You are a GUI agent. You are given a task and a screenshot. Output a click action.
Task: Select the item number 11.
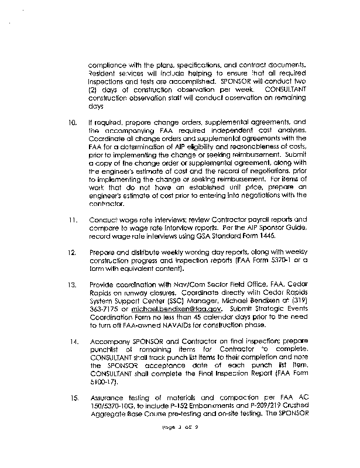tap(73, 221)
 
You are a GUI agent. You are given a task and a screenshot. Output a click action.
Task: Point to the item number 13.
tap(73, 285)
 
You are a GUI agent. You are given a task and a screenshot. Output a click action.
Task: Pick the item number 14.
tap(73, 341)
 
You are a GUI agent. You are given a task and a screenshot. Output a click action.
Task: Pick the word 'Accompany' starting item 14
tap(109, 341)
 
